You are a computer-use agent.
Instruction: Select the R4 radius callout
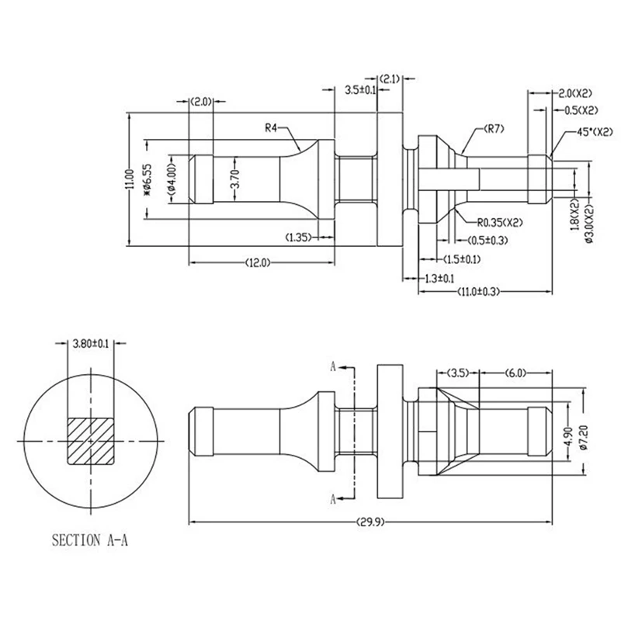tap(272, 128)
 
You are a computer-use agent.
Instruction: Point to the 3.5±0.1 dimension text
tap(360, 91)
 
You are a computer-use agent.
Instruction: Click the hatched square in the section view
tap(92, 441)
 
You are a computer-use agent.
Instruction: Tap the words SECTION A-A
tap(88, 539)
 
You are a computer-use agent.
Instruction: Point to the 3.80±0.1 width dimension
tap(90, 342)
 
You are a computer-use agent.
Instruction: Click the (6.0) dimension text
tap(515, 373)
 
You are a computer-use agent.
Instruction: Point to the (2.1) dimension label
tap(390, 78)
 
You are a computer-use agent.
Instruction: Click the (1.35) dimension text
tap(299, 236)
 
